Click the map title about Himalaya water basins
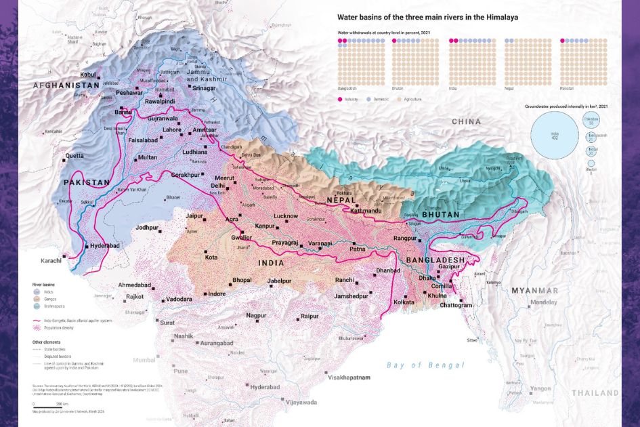click(428, 17)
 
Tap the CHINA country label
click(467, 122)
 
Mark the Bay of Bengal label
click(426, 365)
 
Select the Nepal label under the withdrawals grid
click(511, 88)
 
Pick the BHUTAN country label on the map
click(440, 214)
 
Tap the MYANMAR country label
click(536, 290)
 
